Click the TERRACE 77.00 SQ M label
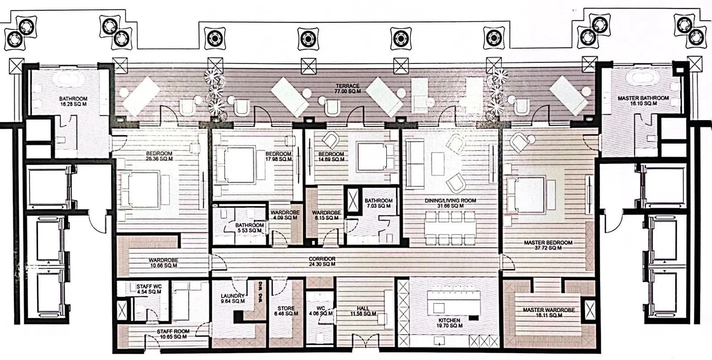[347, 88]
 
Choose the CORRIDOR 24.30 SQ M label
[322, 262]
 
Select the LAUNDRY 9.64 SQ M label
[233, 298]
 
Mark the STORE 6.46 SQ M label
[286, 311]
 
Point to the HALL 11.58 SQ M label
[363, 311]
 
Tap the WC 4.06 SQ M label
[320, 311]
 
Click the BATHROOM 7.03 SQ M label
[378, 203]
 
